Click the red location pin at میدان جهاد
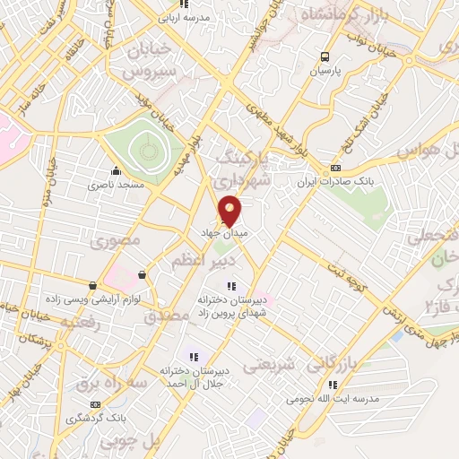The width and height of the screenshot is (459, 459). pos(230,210)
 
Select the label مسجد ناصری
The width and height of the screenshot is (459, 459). pos(114,186)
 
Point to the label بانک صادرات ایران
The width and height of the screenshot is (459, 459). pos(336,182)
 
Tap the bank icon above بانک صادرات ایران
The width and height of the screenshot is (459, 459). pos(336,168)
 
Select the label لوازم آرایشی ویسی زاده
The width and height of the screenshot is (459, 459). pos(92,300)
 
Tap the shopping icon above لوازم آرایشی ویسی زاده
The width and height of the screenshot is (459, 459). pos(92,286)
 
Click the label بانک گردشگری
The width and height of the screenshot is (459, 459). pos(97,419)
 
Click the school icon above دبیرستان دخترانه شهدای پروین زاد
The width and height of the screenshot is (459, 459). pos(231,286)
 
